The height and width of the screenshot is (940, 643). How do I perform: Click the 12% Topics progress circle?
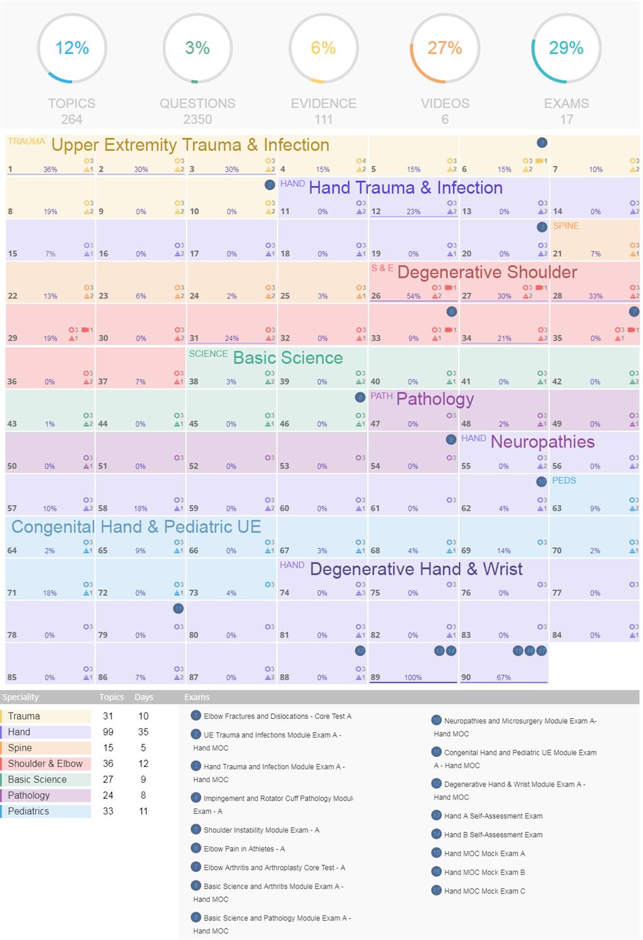(72, 48)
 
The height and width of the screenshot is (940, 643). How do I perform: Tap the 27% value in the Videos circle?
(444, 48)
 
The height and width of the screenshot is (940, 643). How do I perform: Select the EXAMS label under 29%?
(566, 103)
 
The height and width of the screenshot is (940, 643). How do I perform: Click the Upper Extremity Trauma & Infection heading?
(190, 145)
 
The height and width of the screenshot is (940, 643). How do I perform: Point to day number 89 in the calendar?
(375, 677)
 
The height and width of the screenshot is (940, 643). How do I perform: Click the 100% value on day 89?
(413, 677)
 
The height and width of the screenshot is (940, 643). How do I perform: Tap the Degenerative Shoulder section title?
(487, 272)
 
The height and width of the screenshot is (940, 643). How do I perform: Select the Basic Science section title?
(288, 358)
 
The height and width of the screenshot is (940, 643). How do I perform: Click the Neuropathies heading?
(542, 442)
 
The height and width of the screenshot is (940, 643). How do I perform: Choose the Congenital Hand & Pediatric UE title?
(136, 526)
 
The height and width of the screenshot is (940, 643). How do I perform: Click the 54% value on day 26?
(413, 296)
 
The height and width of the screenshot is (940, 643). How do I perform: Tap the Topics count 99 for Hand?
(108, 732)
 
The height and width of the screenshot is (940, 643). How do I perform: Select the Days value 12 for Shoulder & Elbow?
(144, 763)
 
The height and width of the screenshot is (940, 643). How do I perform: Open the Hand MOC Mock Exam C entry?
(484, 890)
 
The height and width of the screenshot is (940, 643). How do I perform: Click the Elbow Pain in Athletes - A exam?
(244, 849)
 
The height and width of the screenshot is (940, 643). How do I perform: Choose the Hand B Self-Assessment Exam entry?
(493, 835)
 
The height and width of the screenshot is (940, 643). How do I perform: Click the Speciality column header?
(21, 697)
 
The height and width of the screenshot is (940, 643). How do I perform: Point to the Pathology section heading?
(435, 399)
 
